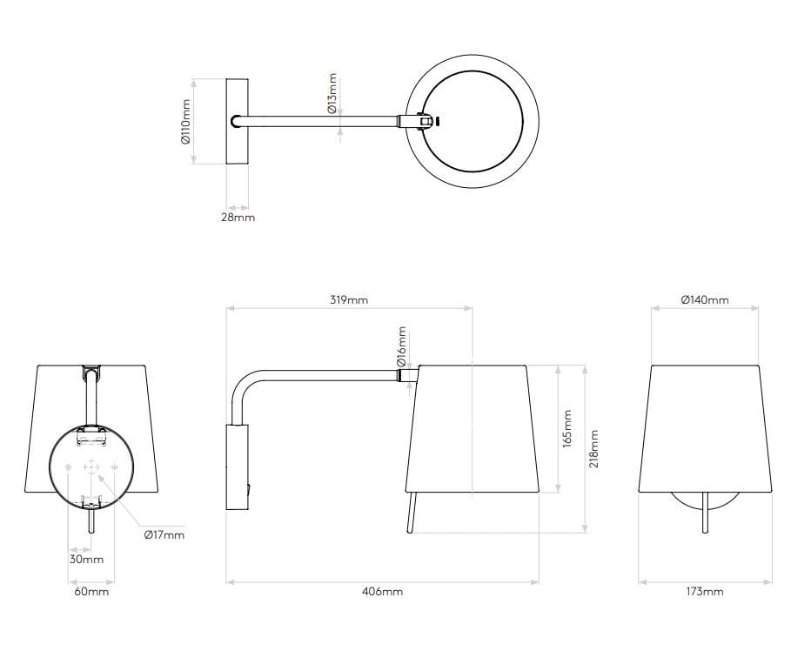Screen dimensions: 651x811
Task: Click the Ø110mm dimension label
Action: click(x=185, y=122)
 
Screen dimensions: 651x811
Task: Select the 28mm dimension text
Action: click(x=238, y=217)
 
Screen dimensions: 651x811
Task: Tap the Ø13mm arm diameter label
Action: click(x=332, y=94)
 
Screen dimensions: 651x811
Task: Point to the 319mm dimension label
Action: click(x=350, y=300)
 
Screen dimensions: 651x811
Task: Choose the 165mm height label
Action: click(x=567, y=428)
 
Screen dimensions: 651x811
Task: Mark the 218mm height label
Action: click(x=594, y=448)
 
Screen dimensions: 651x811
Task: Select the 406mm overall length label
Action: click(x=382, y=592)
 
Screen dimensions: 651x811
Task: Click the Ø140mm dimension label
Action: click(x=705, y=300)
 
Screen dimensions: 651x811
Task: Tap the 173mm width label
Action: click(x=705, y=592)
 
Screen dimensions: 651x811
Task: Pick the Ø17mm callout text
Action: click(x=164, y=534)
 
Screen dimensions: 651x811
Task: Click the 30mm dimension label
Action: click(x=86, y=559)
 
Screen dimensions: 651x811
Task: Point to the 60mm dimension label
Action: click(x=90, y=592)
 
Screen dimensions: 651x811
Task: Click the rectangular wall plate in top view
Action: click(x=238, y=122)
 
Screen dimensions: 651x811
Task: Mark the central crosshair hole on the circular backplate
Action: click(x=90, y=468)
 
